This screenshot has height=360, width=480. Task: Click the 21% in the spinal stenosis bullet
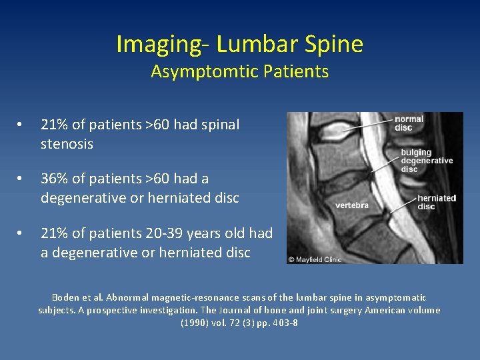54,125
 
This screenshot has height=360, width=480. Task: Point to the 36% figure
54,179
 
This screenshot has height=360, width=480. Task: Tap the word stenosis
67,144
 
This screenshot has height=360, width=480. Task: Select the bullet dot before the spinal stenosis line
22,125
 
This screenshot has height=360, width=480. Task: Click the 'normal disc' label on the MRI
408,124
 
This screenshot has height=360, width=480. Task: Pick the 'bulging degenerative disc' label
426,161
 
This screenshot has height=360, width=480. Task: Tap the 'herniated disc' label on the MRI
436,202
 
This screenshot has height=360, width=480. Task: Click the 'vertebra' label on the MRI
351,205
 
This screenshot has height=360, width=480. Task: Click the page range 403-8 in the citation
283,323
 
